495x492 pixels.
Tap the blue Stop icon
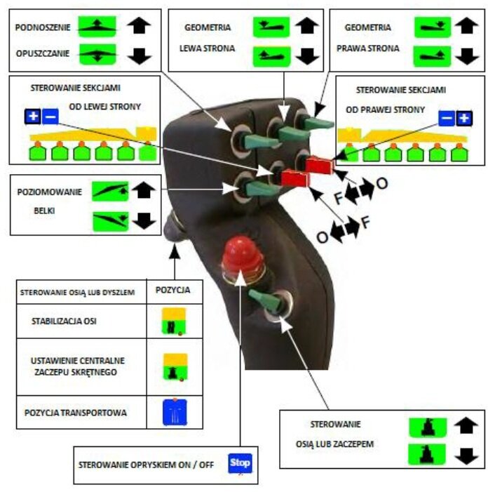[240, 463]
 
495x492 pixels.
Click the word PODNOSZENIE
[43, 27]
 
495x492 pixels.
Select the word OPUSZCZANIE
[43, 53]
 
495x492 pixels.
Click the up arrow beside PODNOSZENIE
[139, 25]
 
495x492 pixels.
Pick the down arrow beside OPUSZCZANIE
[140, 56]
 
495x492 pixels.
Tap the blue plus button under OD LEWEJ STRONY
[33, 117]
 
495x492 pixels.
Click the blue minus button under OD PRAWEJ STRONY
[447, 118]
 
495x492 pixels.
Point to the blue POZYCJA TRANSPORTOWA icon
[175, 413]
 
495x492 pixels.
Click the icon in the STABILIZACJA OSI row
[174, 321]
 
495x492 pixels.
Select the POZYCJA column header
[173, 290]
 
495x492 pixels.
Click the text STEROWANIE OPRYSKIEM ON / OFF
[146, 465]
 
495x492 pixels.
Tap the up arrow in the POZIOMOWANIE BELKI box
[144, 190]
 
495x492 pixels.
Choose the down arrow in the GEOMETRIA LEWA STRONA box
[307, 56]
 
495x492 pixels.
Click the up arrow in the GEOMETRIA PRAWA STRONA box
[467, 25]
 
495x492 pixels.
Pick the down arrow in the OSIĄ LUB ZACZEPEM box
[466, 456]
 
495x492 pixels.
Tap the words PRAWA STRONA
[368, 48]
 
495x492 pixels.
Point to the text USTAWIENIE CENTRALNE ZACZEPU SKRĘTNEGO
[77, 366]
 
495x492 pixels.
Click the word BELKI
[44, 211]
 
